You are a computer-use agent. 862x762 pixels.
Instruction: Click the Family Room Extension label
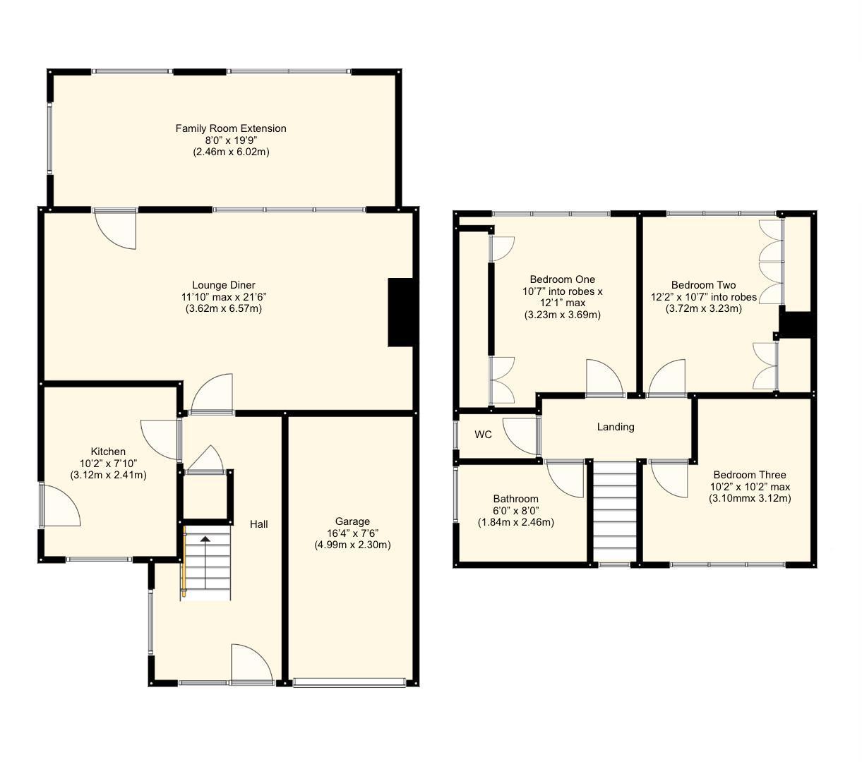(231, 128)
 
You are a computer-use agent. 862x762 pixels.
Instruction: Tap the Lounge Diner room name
(224, 285)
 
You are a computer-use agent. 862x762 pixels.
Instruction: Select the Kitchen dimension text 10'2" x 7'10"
(108, 464)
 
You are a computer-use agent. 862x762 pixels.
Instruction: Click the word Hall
(258, 524)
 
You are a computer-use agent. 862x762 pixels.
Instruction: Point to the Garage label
(352, 521)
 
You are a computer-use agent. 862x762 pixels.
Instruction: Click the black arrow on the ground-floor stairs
(205, 539)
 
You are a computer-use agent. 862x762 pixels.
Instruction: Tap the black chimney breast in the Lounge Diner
(401, 313)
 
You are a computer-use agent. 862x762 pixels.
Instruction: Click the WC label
(483, 435)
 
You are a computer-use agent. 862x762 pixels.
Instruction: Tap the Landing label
(616, 427)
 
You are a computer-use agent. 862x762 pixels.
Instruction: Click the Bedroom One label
(563, 279)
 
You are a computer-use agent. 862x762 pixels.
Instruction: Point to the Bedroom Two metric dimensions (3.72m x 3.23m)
(703, 308)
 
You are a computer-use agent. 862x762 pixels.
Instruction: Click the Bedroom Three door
(668, 478)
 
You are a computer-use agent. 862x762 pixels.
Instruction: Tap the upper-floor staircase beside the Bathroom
(615, 511)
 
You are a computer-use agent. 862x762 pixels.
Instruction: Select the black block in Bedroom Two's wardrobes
(796, 325)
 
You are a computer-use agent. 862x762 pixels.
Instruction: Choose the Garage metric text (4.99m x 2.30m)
(352, 545)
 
